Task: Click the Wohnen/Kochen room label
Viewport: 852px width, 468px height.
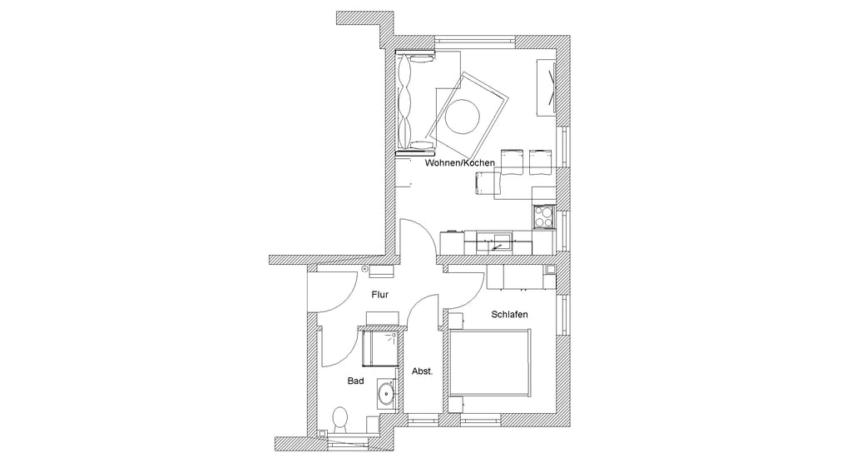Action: click(x=459, y=163)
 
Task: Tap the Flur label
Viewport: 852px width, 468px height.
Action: click(x=379, y=295)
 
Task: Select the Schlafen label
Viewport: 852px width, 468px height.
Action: click(x=509, y=314)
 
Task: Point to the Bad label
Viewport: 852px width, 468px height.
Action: click(x=355, y=381)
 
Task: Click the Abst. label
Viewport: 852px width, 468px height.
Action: click(x=422, y=371)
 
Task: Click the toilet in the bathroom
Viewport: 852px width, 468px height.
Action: click(x=340, y=421)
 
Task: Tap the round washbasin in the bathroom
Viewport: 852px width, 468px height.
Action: click(x=387, y=392)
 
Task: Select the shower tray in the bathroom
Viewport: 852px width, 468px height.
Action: click(x=380, y=348)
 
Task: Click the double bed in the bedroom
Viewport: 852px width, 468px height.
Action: click(x=489, y=363)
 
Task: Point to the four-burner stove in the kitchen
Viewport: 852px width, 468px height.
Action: click(x=544, y=217)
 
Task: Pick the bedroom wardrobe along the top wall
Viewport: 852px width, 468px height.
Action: click(x=522, y=277)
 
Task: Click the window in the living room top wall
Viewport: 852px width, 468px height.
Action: click(x=475, y=40)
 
